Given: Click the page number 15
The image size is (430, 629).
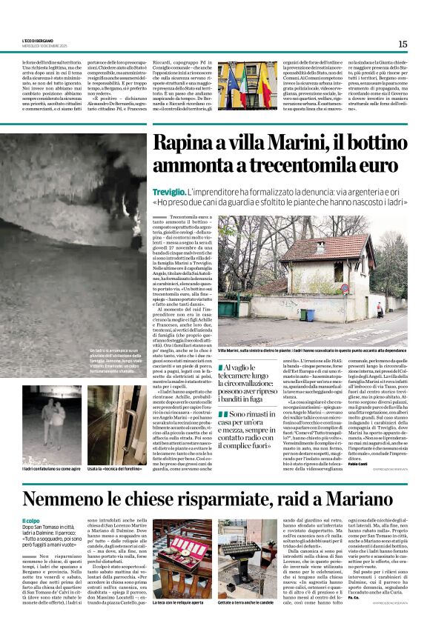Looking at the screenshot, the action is [403, 44].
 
